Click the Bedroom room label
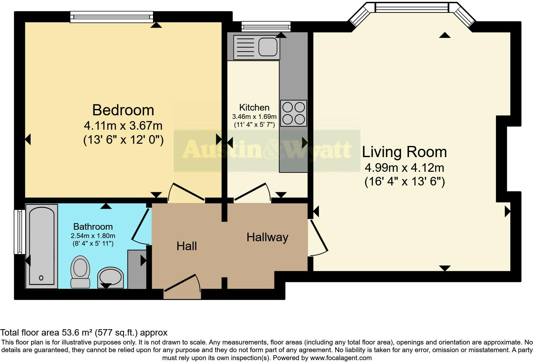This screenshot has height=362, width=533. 123,110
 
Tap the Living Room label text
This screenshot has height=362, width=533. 404,152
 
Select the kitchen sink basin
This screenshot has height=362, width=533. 267,47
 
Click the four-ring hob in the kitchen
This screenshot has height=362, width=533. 294,112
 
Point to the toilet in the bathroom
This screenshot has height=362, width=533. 80,271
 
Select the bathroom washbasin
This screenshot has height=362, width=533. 110,277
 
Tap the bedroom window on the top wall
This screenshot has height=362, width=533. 112,17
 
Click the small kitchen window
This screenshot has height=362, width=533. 266,26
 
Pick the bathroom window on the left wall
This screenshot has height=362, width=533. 20,232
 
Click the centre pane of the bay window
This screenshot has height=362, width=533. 412,7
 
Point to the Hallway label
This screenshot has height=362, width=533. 267,237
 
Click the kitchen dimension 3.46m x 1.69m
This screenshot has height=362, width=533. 254,116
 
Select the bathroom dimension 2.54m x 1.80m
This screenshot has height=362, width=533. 93,236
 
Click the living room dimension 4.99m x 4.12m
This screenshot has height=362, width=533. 404,168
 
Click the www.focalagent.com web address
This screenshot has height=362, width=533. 341,358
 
